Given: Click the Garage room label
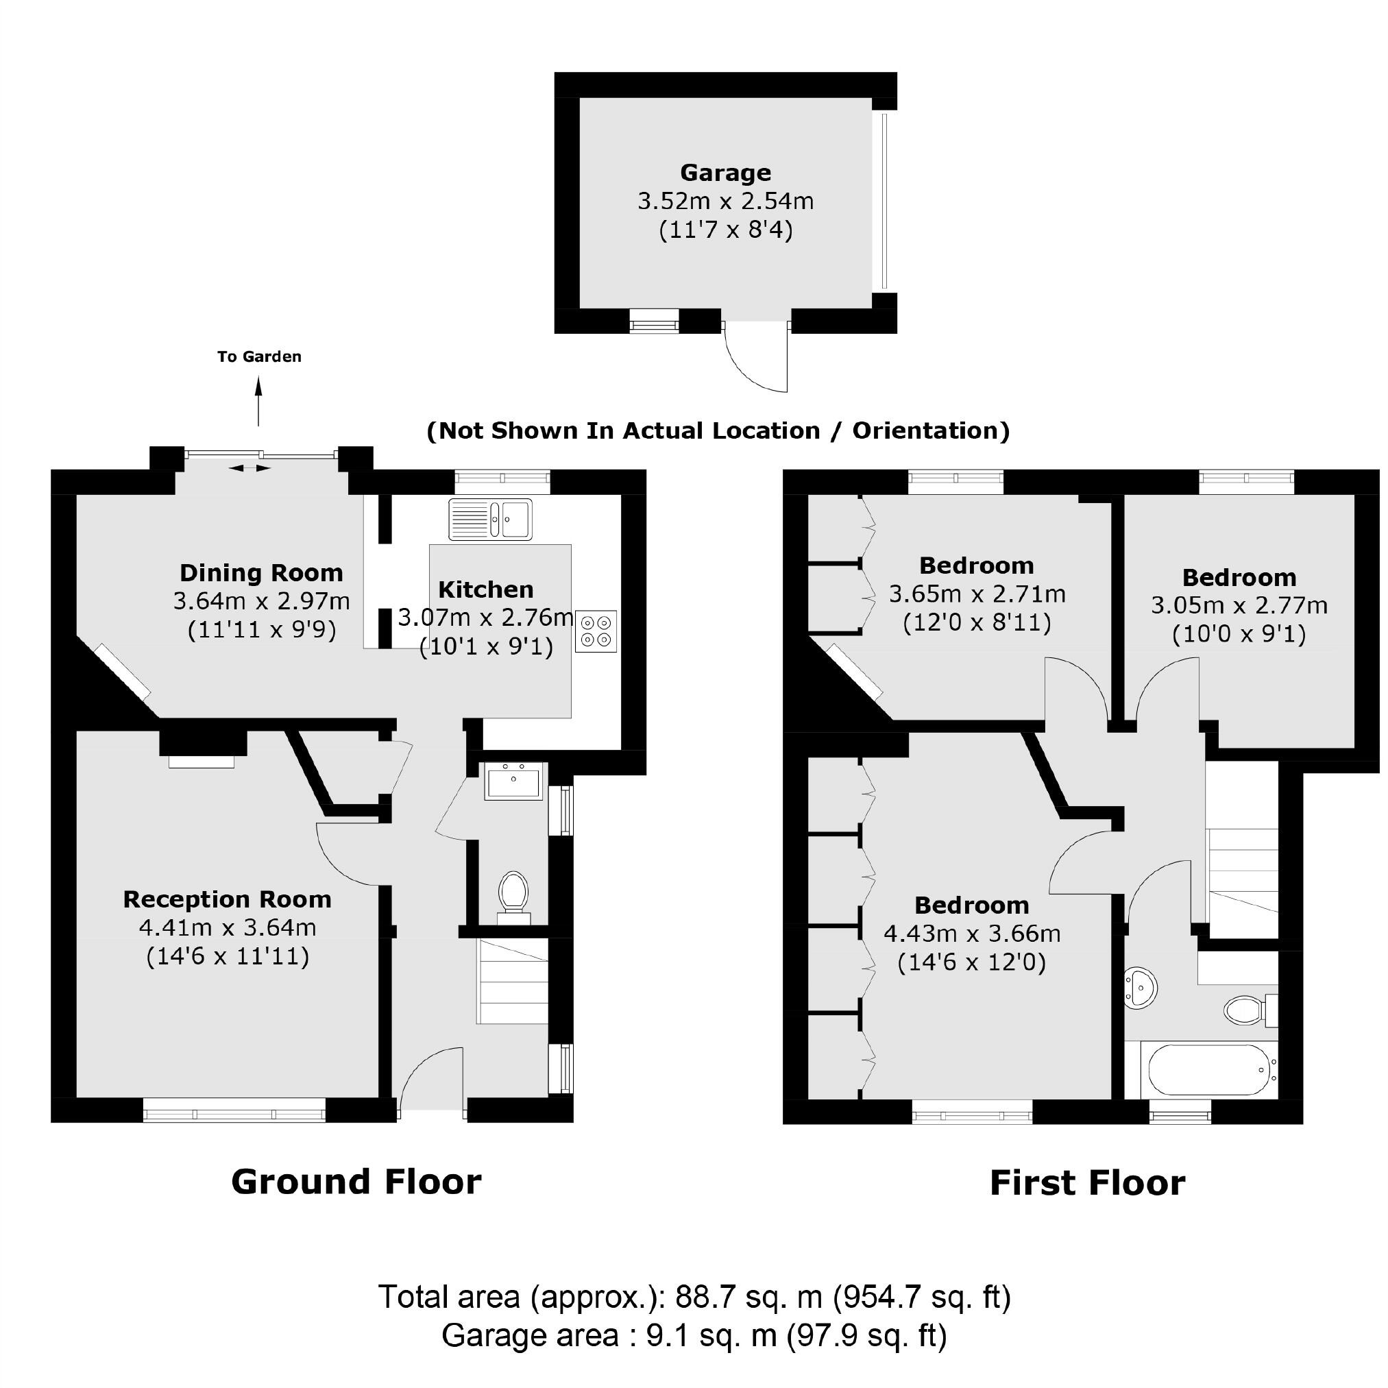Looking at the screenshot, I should [x=725, y=173].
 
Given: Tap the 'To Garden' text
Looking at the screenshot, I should [x=259, y=356].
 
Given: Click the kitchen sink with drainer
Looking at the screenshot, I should [x=490, y=519].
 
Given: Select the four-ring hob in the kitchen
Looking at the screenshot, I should [x=596, y=631].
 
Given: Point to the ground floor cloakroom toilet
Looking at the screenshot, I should [x=513, y=895].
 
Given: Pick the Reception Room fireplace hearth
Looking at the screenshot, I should [x=202, y=762].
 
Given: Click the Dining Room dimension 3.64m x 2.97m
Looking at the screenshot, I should [x=262, y=600].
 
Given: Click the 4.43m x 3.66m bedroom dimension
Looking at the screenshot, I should [x=971, y=934].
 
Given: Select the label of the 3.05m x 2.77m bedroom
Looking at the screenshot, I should [x=1239, y=577].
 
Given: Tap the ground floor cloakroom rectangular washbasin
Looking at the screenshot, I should [x=513, y=781].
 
